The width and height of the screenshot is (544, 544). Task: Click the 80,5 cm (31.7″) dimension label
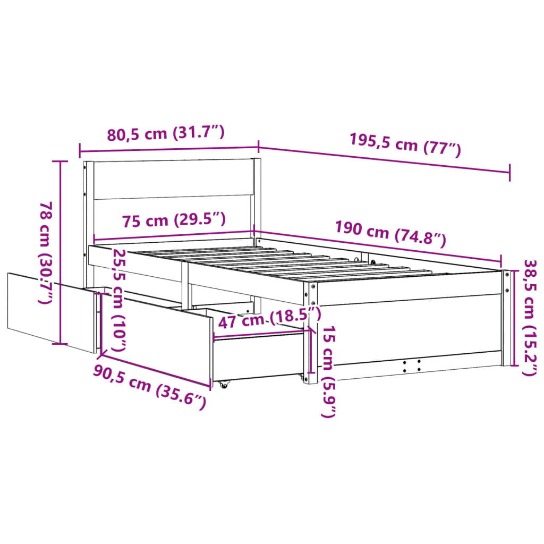point(166,133)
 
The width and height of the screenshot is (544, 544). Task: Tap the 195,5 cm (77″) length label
point(405,144)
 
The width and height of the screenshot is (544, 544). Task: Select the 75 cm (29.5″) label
point(173,219)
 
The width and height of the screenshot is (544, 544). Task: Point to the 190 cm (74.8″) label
point(390,234)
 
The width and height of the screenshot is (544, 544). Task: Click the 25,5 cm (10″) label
point(119,300)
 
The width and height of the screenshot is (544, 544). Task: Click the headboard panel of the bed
point(173,180)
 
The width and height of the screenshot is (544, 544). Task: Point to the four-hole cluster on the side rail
point(412,365)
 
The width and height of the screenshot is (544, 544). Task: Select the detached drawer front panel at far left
point(50,312)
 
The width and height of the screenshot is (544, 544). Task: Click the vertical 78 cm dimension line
point(61,252)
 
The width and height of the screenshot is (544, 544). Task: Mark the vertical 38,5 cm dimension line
point(513,318)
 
